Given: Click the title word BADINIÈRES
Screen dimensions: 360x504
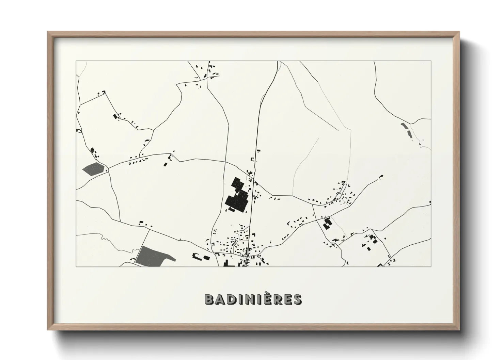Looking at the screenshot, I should coord(253,299).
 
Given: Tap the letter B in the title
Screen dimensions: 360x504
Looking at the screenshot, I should coord(209,300).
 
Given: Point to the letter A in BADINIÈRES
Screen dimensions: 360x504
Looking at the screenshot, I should coord(220,300).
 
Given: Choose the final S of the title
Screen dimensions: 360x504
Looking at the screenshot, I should coord(297,300).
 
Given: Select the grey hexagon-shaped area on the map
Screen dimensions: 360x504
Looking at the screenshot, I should coord(93,169).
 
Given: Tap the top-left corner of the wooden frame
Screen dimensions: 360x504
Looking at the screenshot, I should coord(48,32).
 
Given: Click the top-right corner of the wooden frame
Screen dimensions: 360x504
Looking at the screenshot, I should coord(459,32).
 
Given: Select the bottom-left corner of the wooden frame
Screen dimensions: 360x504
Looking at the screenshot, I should coord(48,330).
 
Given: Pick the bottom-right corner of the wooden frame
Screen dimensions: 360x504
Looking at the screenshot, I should coord(459,330).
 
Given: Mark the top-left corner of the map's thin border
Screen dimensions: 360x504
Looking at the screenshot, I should coord(76,61).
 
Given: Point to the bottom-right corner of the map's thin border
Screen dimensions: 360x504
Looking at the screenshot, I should coord(431,266).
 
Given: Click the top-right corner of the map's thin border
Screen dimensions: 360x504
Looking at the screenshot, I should coord(431,61).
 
